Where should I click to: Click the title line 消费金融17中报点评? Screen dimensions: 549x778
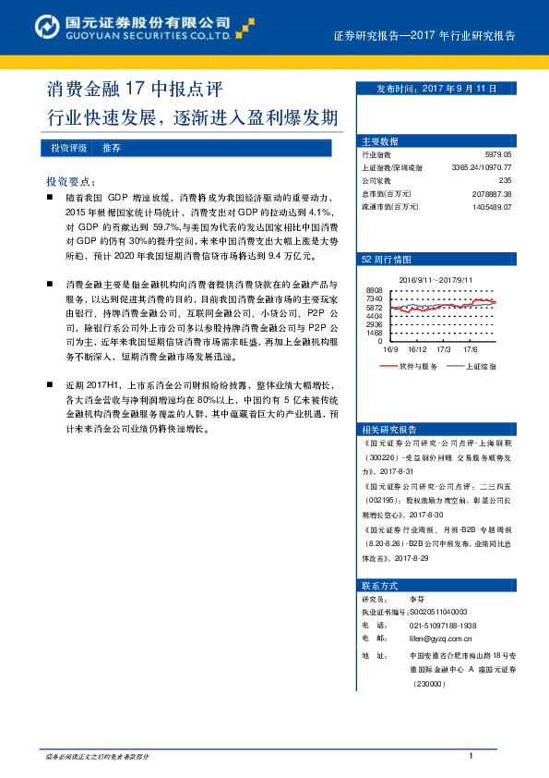click(135, 91)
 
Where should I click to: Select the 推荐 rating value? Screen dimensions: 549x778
click(112, 148)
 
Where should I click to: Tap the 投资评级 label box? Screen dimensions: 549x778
click(69, 148)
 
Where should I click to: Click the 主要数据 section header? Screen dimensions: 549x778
click(380, 141)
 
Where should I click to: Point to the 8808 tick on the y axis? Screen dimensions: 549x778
click(374, 290)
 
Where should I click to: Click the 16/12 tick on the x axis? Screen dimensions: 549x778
click(417, 349)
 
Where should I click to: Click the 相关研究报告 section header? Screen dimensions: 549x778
click(389, 429)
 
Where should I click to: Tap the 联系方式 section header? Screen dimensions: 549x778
click(380, 586)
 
